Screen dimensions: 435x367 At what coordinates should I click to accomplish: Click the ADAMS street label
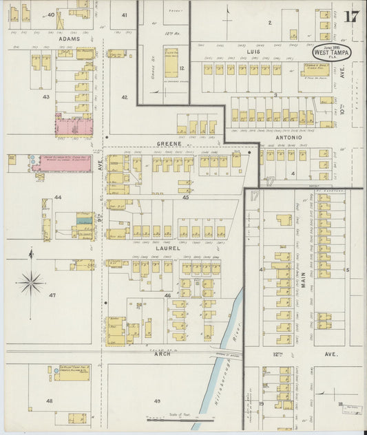[x=68, y=39]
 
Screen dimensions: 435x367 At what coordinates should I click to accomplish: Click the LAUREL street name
[x=168, y=248]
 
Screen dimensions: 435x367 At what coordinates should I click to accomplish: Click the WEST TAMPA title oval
[x=333, y=52]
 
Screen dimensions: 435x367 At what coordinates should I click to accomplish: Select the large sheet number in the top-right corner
[x=350, y=17]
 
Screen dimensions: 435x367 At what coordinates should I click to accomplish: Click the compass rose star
[x=30, y=282]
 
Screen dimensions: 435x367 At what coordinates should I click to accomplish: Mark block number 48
[x=49, y=400]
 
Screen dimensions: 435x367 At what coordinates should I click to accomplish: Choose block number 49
[x=157, y=401]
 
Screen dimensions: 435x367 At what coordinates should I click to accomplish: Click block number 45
[x=185, y=197]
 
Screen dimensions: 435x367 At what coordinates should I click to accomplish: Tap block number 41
[x=125, y=14]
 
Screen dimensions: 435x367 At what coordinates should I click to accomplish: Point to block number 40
[x=50, y=14]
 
